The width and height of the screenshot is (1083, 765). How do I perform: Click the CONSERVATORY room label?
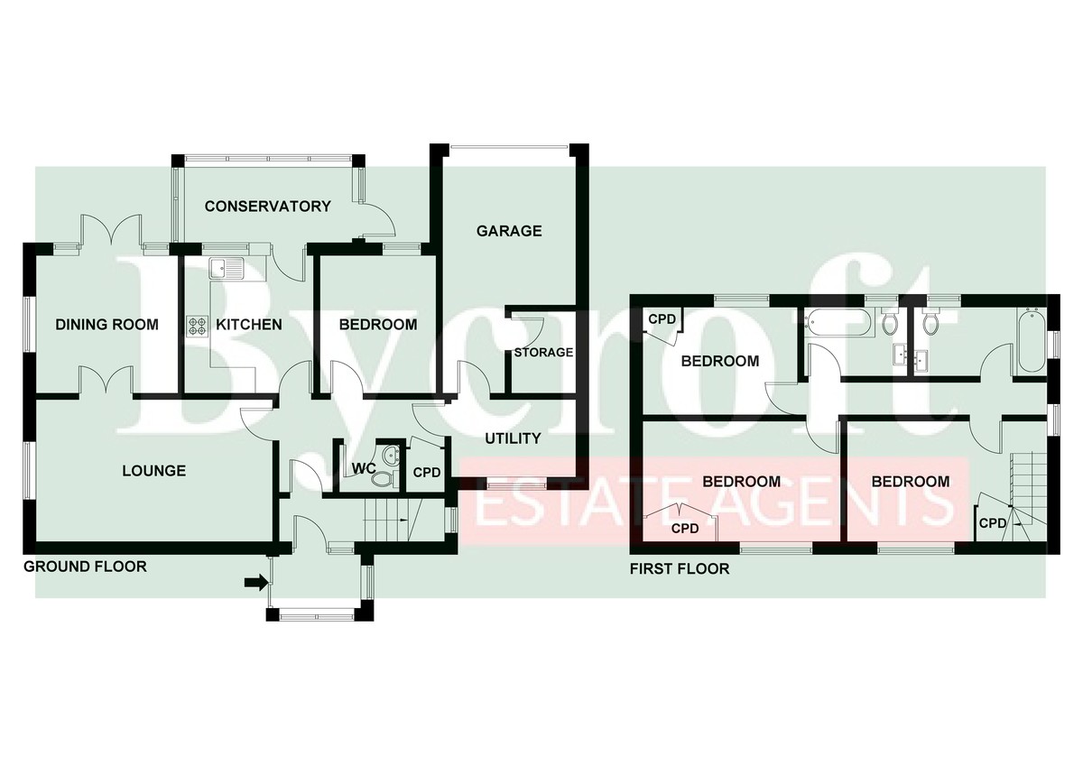click(x=267, y=207)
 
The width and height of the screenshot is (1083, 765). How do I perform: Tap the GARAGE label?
click(x=509, y=231)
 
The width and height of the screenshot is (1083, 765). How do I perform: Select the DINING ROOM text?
click(x=106, y=324)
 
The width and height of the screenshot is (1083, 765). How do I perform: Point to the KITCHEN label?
click(x=249, y=324)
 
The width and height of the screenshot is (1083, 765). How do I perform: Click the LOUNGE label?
click(x=153, y=471)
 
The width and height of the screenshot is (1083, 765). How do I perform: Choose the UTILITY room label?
click(x=513, y=438)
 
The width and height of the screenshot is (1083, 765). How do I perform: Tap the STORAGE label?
click(x=543, y=353)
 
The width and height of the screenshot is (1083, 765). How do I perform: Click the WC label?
click(x=364, y=468)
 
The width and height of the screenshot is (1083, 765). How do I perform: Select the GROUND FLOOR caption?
click(x=85, y=567)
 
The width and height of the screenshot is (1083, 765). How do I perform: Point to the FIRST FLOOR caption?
click(x=680, y=569)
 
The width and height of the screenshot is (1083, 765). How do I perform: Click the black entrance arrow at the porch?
click(x=255, y=583)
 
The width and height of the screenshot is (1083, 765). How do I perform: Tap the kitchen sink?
click(x=227, y=268)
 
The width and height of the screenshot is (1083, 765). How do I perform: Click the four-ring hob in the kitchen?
click(x=198, y=326)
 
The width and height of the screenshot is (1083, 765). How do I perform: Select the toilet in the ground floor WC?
click(x=384, y=478)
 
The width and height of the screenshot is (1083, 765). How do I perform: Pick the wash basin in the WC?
click(x=390, y=455)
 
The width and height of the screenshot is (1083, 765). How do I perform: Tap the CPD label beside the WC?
click(x=427, y=472)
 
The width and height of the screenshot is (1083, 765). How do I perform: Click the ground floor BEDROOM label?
click(x=378, y=324)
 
